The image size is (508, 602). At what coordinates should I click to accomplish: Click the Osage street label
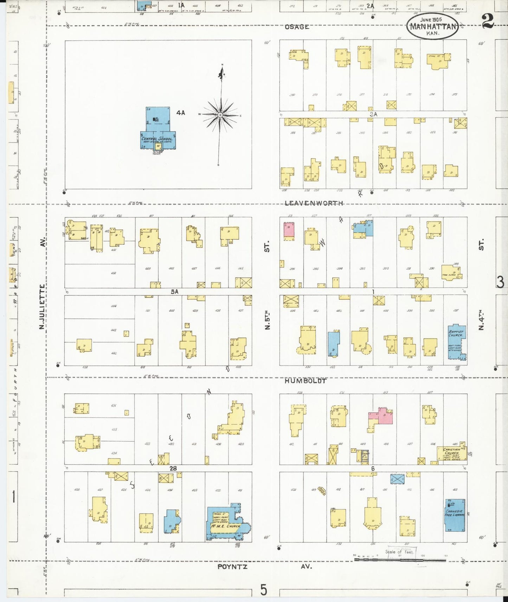pos(297,27)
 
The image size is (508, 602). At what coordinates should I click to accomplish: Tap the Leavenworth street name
pos(314,203)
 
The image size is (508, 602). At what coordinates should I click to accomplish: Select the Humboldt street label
pos(306,381)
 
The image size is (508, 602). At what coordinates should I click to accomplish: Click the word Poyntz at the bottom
pos(232,567)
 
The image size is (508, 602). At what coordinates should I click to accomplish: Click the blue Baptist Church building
pos(456,342)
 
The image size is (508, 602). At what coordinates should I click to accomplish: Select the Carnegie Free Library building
pos(455,515)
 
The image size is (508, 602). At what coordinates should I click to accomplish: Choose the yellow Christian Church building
pos(451,453)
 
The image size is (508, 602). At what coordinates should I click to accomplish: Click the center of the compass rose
pos(220,115)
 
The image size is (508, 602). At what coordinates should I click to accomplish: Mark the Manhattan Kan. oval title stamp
pos(433,26)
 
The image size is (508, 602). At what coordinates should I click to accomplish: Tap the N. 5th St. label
pos(267,320)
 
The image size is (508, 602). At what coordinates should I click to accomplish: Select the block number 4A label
pos(181,113)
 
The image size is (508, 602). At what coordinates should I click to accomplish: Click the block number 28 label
pos(173,468)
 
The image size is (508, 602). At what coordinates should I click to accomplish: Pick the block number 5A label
pos(175,291)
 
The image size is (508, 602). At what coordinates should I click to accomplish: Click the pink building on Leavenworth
pos(289,231)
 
